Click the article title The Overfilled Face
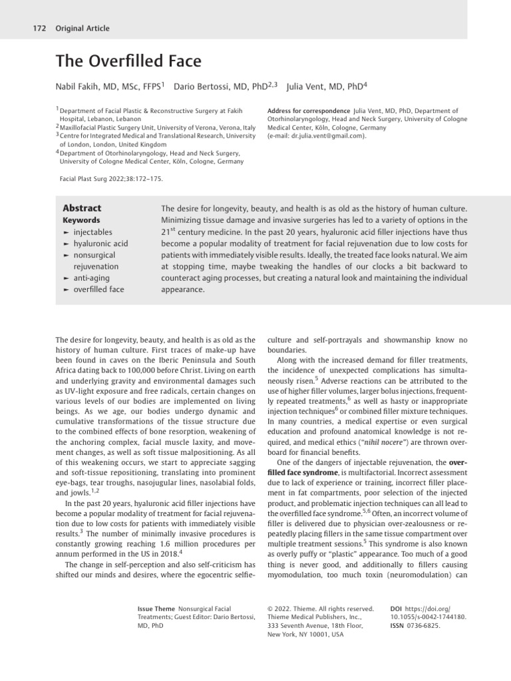click(128, 63)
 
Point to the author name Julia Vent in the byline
click(311, 86)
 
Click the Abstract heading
click(82, 208)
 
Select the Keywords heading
click(81, 220)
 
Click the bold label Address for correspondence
click(308, 110)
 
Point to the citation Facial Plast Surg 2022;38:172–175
click(110, 179)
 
